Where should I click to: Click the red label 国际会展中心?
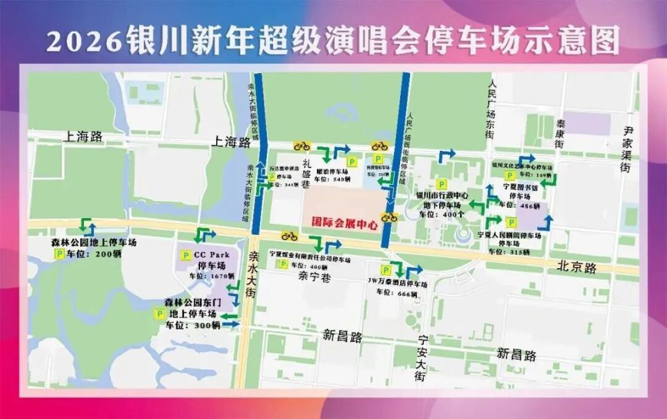click(344, 224)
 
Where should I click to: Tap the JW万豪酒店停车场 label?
click(397, 284)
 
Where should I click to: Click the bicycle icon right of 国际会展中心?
click(388, 217)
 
